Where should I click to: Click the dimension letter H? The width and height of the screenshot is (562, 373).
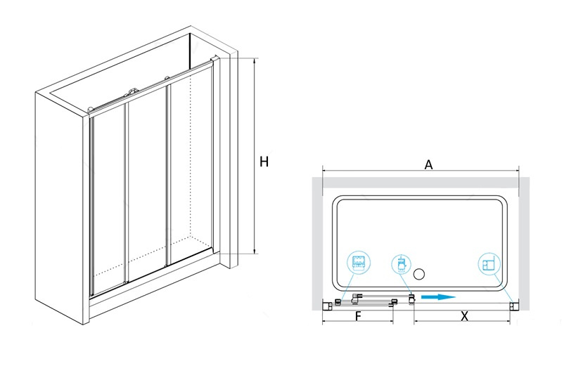point(264,162)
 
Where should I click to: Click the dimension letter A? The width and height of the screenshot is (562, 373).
point(428,165)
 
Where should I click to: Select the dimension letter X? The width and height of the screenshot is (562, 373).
point(464,316)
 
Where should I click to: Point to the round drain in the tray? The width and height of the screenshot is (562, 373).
point(421,275)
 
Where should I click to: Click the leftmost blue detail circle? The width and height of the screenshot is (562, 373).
point(359,264)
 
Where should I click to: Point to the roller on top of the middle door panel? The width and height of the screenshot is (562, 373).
point(133,91)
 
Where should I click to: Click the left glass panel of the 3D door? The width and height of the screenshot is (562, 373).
point(108,200)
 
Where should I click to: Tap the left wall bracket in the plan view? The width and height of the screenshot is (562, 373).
point(328,304)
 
